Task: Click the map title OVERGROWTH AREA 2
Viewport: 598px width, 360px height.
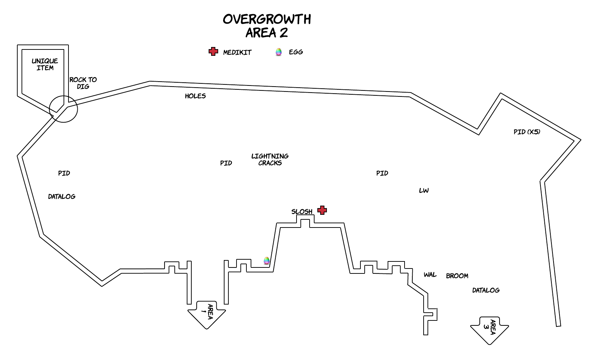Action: pyautogui.click(x=267, y=26)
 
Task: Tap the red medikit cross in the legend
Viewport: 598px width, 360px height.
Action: pyautogui.click(x=213, y=51)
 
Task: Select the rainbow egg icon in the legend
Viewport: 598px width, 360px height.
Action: pyautogui.click(x=279, y=52)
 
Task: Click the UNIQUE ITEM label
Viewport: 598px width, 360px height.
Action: pyautogui.click(x=45, y=64)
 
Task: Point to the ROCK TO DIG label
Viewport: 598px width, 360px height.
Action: pyautogui.click(x=83, y=83)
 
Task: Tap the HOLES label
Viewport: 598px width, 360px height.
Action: pyautogui.click(x=195, y=96)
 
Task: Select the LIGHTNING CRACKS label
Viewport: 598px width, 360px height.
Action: pyautogui.click(x=270, y=160)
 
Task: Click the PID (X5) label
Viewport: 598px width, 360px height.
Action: pyautogui.click(x=527, y=132)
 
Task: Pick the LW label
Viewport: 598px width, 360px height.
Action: pyautogui.click(x=424, y=190)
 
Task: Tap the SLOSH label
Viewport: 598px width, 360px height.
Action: pyautogui.click(x=302, y=212)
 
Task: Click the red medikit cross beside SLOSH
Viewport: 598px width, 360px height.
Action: pyautogui.click(x=322, y=210)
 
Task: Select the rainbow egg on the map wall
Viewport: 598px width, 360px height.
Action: pyautogui.click(x=267, y=261)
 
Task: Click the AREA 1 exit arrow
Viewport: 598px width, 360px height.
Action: pyautogui.click(x=207, y=314)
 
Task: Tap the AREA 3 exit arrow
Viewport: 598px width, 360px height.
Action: pyautogui.click(x=489, y=330)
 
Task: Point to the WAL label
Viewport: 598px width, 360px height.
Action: pyautogui.click(x=430, y=275)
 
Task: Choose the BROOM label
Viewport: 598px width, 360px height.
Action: pyautogui.click(x=457, y=276)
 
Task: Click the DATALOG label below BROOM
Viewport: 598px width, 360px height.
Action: pyautogui.click(x=486, y=290)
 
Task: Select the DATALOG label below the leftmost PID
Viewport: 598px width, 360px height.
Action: pyautogui.click(x=62, y=197)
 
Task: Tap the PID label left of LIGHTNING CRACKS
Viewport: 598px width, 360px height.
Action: pyautogui.click(x=226, y=163)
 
